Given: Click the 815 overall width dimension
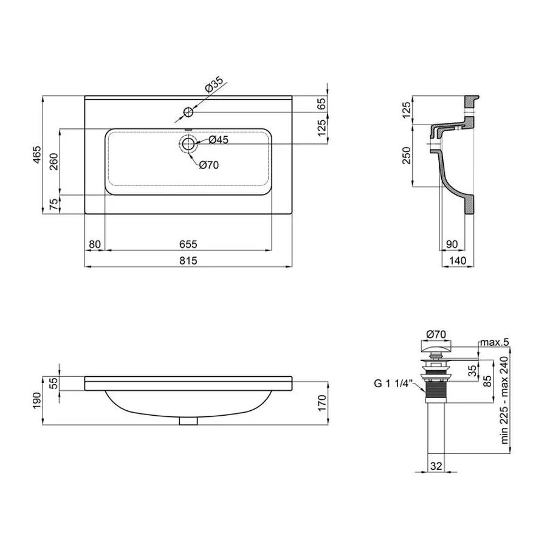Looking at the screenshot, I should pos(188,260).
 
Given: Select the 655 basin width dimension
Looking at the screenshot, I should pos(188,244).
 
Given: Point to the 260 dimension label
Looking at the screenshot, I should pos(54,162).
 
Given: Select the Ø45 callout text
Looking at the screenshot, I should pos(218,140).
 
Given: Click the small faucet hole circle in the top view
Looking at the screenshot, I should pos(188,112).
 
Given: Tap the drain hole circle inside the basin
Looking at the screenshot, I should pos(188,144).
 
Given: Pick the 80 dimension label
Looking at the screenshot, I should pos(94,244).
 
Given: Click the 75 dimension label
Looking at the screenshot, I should pos(54,204).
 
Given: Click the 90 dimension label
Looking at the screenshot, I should pos(451,244).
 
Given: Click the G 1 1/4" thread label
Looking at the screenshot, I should pos(393,384).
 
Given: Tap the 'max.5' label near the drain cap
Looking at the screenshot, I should pos(494,344).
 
